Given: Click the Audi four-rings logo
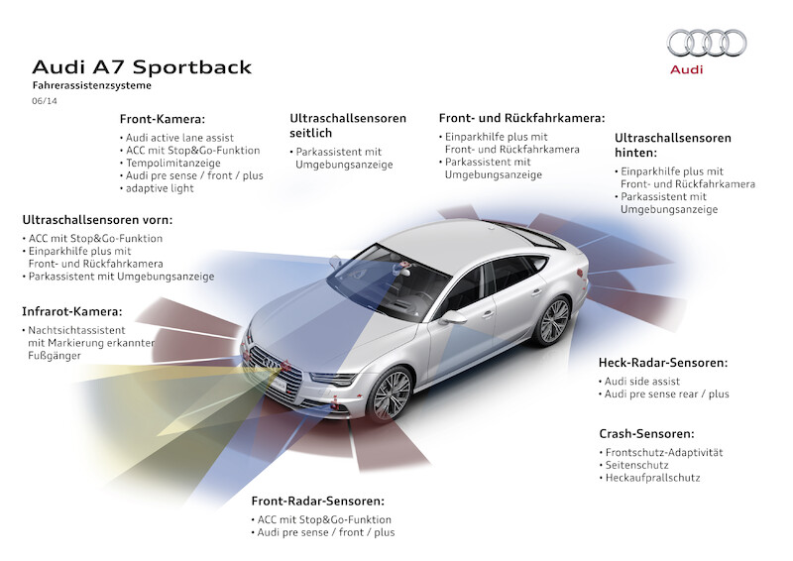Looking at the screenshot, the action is (x=707, y=43).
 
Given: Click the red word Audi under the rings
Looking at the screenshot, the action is (x=686, y=69).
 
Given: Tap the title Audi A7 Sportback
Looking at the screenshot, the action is (x=142, y=67).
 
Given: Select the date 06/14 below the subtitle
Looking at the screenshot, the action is (x=45, y=101).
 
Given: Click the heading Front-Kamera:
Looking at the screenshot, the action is (x=163, y=119).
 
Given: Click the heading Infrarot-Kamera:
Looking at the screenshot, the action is (x=71, y=311).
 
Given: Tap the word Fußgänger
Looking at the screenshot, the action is (x=55, y=356).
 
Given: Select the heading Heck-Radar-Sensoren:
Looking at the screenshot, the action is (x=663, y=362).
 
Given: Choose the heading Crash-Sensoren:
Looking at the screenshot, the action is (x=646, y=433).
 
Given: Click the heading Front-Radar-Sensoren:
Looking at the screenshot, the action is (x=317, y=501).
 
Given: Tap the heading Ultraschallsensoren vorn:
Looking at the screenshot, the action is (x=97, y=220).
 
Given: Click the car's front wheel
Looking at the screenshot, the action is (x=390, y=394).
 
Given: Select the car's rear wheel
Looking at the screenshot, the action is (x=553, y=321).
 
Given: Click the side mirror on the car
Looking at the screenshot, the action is (x=452, y=317).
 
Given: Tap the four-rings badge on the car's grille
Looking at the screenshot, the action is (x=271, y=362).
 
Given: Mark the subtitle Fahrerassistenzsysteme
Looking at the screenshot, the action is (x=91, y=85).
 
